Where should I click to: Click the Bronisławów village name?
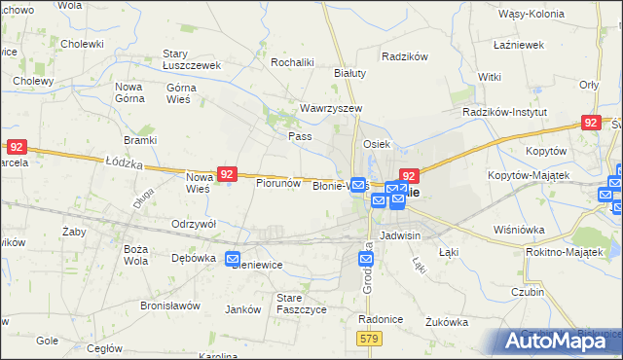[x=169, y=306]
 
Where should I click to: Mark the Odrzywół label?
[x=193, y=224]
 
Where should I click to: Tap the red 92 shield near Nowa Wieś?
[x=227, y=173]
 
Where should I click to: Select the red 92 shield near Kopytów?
[x=590, y=122]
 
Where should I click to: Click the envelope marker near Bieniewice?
[x=233, y=259]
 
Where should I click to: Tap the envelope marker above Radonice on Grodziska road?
[x=365, y=259]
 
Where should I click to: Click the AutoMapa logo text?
[x=558, y=340]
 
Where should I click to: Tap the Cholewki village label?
[x=82, y=44]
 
